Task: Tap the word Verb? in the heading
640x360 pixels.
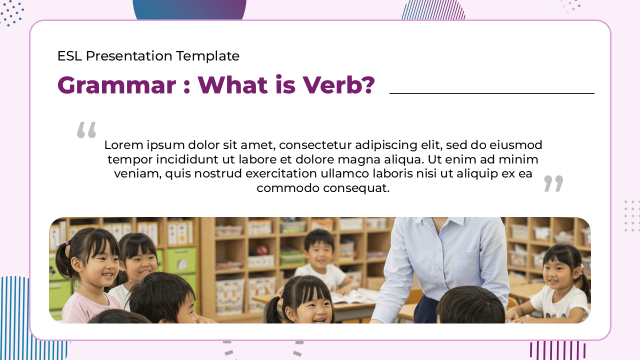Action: [x=339, y=84]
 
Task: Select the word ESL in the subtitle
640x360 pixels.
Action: [x=69, y=55]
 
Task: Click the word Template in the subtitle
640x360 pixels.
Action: [x=207, y=56]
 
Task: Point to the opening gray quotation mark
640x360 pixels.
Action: [x=86, y=129]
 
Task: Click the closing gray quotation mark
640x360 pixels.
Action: [x=553, y=183]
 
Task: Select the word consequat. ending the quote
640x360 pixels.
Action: [x=356, y=188]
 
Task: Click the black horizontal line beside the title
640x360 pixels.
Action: [x=492, y=93]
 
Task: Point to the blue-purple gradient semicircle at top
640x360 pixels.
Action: [x=189, y=9]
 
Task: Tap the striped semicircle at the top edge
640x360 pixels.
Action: [x=433, y=10]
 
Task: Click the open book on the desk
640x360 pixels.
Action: [x=355, y=296]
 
